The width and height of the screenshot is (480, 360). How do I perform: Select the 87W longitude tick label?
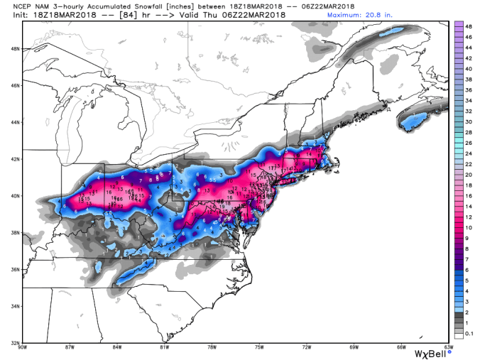pyautogui.click(x=69, y=347)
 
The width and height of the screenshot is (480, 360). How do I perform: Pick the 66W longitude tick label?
pyautogui.click(x=402, y=347)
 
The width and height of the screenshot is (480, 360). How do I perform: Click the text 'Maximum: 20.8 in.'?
pyautogui.click(x=417, y=15)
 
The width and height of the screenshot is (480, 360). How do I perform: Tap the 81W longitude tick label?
pyautogui.click(x=164, y=347)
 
